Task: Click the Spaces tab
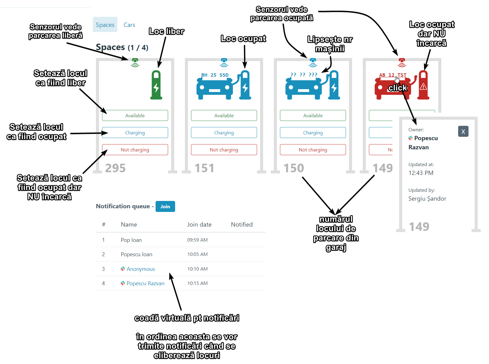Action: click(x=105, y=25)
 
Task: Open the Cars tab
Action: click(x=129, y=25)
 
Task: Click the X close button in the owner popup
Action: click(x=463, y=132)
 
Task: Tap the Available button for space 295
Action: click(x=135, y=115)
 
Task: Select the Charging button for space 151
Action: click(x=224, y=133)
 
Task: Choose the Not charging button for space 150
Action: click(x=313, y=150)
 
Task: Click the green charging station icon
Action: click(x=156, y=85)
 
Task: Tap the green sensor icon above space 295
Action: click(x=135, y=62)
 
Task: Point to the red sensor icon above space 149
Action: click(x=402, y=62)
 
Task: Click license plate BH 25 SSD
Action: click(x=215, y=75)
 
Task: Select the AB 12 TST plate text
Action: click(x=392, y=75)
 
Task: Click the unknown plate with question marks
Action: click(x=304, y=75)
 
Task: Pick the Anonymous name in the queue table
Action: click(x=141, y=269)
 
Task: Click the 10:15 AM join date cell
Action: click(x=197, y=283)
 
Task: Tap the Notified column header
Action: click(x=241, y=224)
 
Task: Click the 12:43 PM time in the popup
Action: click(x=421, y=173)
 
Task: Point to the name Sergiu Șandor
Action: click(x=427, y=198)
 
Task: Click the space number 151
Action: click(x=204, y=168)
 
